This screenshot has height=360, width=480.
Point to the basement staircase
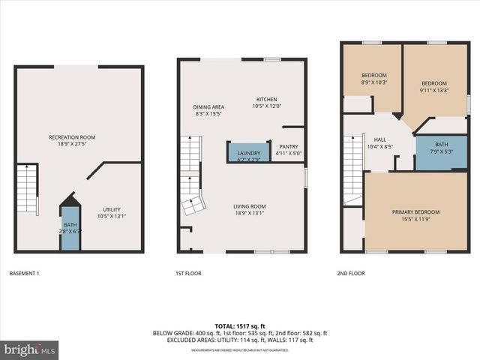tap(26, 189)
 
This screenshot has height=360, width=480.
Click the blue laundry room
tap(247, 153)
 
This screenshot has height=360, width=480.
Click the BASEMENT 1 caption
tap(24, 274)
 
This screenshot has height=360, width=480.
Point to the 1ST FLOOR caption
tap(187, 274)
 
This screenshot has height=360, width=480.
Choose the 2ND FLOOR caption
tap(351, 274)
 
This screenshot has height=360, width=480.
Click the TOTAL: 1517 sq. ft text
tap(240, 326)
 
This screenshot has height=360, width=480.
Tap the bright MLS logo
tap(30, 349)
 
